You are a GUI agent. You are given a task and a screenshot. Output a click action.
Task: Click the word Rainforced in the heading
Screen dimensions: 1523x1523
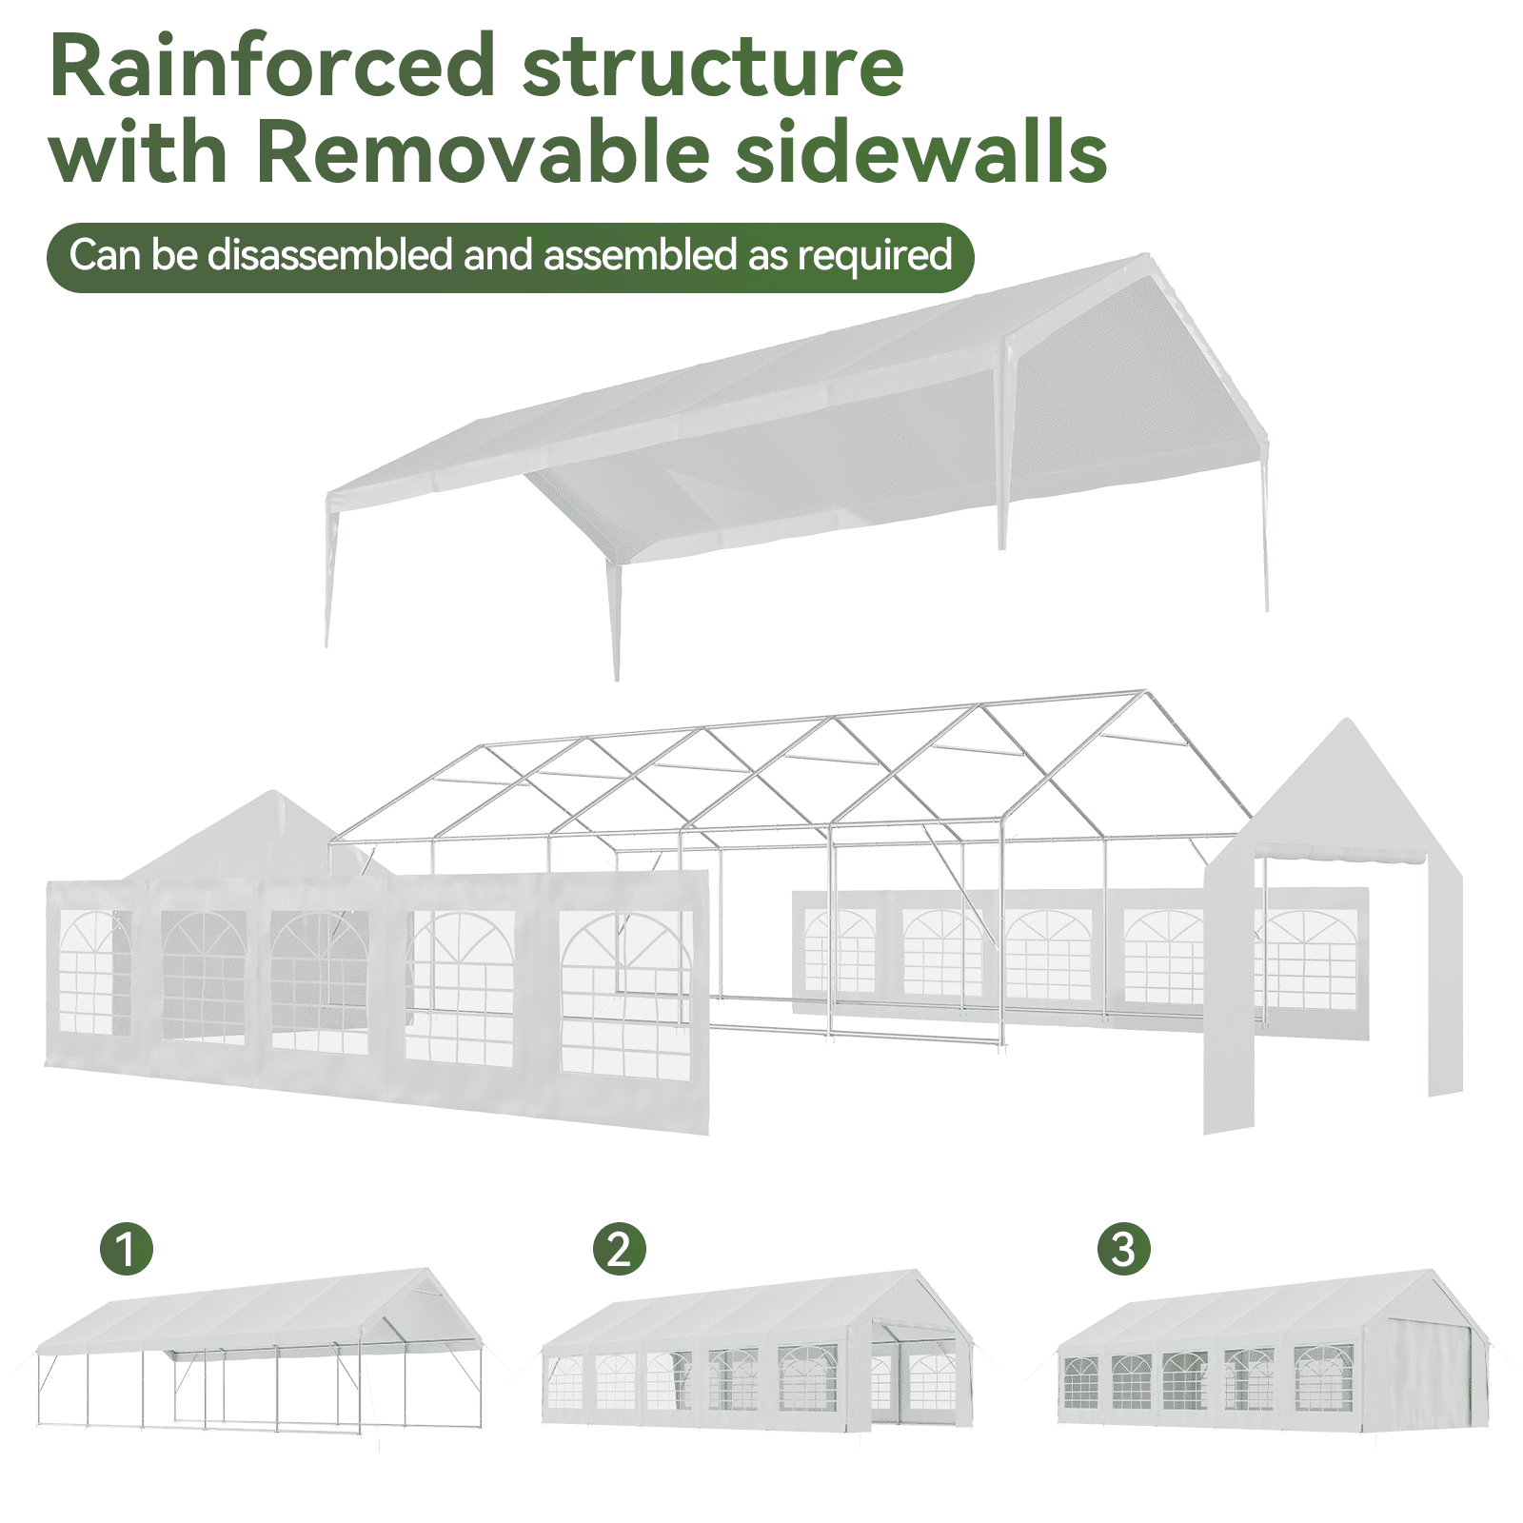coord(271,67)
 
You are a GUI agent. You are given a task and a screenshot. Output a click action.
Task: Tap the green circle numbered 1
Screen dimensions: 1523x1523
coord(127,1248)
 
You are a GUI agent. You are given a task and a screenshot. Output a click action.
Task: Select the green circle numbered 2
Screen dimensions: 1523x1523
coord(620,1248)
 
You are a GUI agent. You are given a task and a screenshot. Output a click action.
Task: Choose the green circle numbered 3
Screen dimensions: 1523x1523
coord(1123,1248)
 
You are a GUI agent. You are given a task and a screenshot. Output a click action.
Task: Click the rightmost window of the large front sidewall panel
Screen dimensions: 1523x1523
coord(625,995)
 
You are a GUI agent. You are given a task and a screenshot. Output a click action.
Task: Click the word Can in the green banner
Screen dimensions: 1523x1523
coord(105,255)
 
